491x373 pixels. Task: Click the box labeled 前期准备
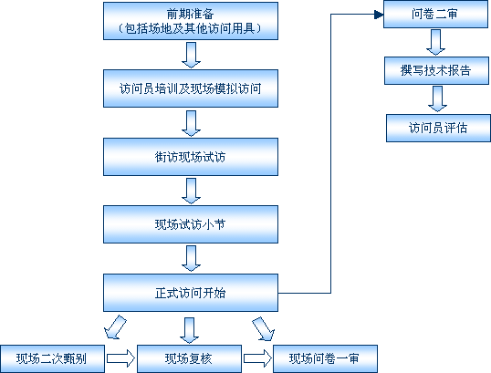point(191,21)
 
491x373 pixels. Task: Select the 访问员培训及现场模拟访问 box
point(191,88)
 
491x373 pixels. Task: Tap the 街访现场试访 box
point(191,157)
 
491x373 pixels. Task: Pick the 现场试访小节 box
point(191,224)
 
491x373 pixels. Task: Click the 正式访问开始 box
point(191,293)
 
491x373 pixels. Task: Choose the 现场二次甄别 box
point(52,359)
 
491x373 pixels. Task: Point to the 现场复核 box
point(189,359)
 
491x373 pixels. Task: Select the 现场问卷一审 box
point(325,359)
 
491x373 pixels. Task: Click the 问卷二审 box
point(435,14)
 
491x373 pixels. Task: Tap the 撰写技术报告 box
point(436,70)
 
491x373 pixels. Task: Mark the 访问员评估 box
point(438,128)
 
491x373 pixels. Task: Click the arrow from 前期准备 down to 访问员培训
point(191,55)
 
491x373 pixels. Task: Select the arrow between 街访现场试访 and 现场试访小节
point(191,191)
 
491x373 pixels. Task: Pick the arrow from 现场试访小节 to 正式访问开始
point(191,258)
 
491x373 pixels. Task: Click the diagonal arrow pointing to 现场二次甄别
point(115,327)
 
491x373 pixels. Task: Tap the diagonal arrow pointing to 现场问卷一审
point(264,328)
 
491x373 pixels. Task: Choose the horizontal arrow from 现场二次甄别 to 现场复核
point(120,358)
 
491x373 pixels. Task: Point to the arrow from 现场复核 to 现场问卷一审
point(257,358)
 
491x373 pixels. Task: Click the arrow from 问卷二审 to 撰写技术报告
point(435,43)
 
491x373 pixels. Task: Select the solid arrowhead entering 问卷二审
point(379,15)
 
